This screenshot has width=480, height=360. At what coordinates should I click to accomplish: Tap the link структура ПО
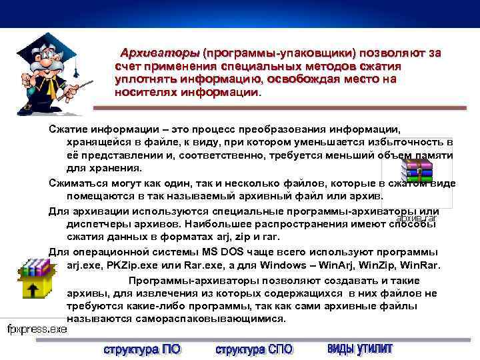click(142, 349)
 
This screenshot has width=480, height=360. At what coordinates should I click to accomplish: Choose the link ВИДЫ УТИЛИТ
click(360, 349)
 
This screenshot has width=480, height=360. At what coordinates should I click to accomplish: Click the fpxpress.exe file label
click(37, 329)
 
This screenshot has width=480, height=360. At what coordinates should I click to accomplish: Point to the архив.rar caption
click(416, 217)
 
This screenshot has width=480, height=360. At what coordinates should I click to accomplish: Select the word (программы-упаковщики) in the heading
click(279, 53)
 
